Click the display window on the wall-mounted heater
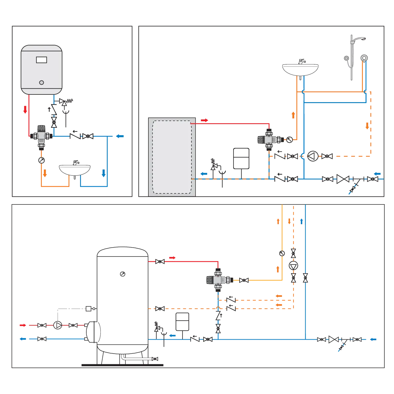coord(41,60)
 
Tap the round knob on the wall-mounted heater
coord(41,82)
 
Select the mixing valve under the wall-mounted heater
coord(41,135)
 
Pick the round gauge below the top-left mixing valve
coord(41,160)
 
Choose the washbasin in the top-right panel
coord(300,68)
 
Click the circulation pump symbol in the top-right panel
coord(312,156)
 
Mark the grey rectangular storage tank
coord(172,157)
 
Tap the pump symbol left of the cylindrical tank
coord(58,325)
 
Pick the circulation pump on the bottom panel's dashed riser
coord(293,266)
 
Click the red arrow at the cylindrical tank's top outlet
coord(172,258)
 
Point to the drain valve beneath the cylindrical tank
coord(154,359)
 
